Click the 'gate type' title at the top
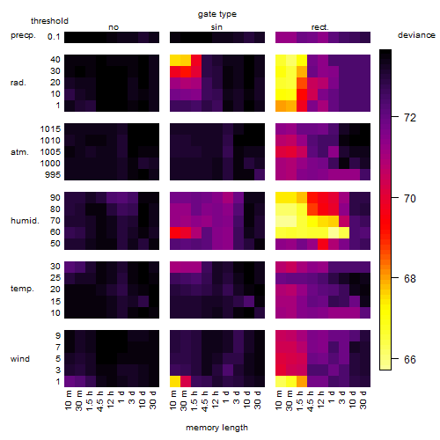click(217, 14)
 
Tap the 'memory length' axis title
click(216, 428)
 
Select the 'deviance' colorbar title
click(416, 35)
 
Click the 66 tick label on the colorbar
click(410, 360)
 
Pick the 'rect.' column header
click(319, 27)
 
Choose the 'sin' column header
click(216, 27)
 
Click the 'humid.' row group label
click(25, 221)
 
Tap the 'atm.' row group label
click(19, 152)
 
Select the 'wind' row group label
click(20, 359)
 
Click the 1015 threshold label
click(50, 129)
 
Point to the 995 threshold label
click(53, 175)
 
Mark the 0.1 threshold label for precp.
click(54, 37)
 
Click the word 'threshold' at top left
click(49, 21)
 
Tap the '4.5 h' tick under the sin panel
click(205, 401)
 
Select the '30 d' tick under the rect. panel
click(363, 400)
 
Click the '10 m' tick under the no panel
click(68, 400)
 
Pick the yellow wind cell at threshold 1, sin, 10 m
click(175, 381)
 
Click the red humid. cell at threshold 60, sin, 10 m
click(175, 232)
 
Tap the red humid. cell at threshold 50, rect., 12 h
click(323, 244)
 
